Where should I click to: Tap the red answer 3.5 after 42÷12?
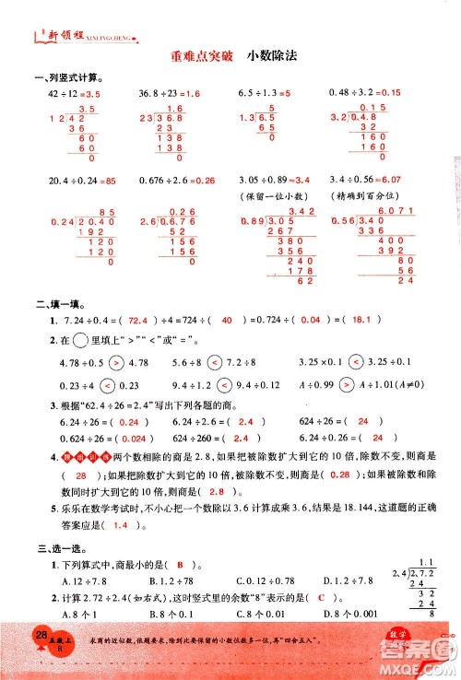coord(90,93)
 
